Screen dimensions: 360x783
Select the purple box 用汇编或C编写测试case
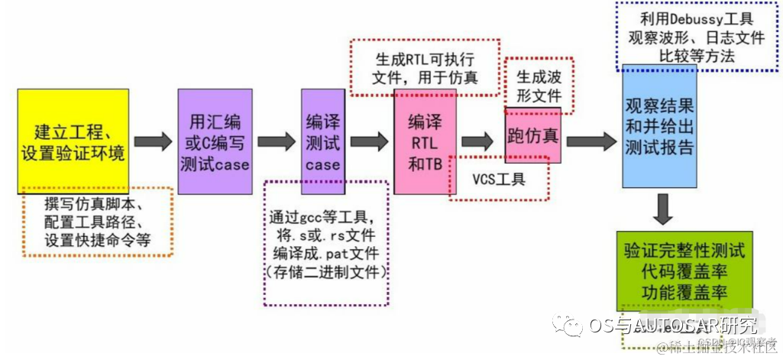point(215,141)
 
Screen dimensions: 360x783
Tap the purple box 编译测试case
point(322,141)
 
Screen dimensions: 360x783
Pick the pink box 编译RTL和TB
point(425,141)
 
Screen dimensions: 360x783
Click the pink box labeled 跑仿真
point(532,136)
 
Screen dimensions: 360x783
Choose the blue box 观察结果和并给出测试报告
point(659,126)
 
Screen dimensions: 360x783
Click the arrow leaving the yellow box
point(153,141)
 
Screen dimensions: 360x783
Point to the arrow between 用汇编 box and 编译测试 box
point(276,141)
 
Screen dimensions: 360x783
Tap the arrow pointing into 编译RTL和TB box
point(369,141)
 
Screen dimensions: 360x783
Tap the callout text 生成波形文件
point(540,86)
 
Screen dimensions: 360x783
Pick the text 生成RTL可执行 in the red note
point(425,59)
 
